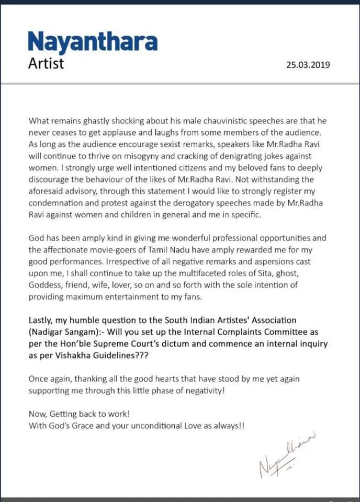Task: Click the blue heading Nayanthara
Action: pyautogui.click(x=93, y=41)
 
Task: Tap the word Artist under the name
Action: pyautogui.click(x=46, y=63)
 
